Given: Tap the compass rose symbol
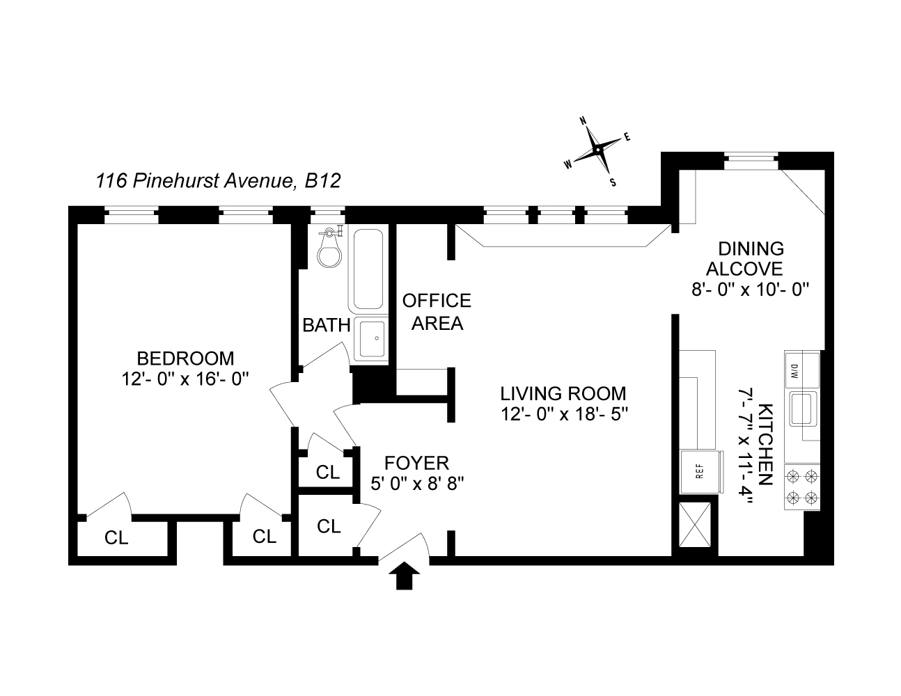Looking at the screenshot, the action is pos(597,149).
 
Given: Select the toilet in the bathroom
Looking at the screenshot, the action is pos(329,248).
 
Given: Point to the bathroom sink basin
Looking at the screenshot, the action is pos(372,339).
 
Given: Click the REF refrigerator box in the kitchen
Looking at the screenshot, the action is pos(700,471).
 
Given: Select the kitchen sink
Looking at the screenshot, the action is pos(803,409).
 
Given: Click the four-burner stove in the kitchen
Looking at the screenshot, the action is pos(801,486).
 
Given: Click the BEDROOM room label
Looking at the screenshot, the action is pos(185,358).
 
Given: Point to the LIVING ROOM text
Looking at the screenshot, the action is pos(563,393).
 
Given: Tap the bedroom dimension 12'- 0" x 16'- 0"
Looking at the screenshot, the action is pos(185,379).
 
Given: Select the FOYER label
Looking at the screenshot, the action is pos(416,463).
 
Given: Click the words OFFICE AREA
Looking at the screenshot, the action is pos(437,312).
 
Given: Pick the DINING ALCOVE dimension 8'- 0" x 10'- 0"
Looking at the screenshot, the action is pos(751,289).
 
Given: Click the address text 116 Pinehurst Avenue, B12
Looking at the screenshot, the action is pos(219,181).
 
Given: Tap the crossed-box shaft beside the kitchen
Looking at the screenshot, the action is pos(695,525).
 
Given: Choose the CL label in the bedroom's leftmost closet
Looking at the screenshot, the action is pos(116,538).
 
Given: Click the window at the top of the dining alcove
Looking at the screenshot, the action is pos(751,161).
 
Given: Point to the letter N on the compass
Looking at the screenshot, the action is pos(583,120).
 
